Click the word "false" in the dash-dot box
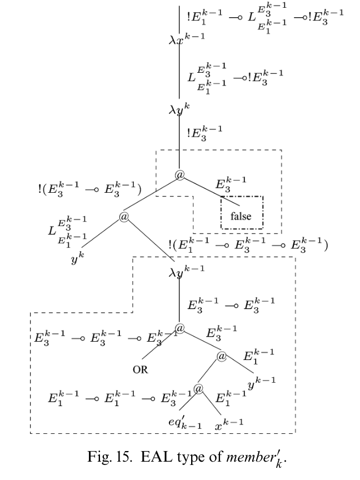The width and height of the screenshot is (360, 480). tap(241, 216)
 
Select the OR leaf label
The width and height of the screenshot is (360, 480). tap(140, 369)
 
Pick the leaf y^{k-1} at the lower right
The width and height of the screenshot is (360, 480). tap(261, 382)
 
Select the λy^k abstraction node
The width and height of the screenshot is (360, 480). tap(179, 110)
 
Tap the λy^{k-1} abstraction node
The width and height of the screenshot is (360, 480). tap(186, 271)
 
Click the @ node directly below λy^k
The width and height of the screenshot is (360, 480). tap(179, 175)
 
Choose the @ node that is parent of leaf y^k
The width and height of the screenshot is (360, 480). tap(123, 216)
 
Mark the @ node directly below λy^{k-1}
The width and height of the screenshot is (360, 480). tap(179, 328)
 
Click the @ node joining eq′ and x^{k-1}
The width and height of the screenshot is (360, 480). tap(198, 388)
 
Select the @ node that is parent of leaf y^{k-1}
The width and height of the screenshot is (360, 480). tap(222, 356)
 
